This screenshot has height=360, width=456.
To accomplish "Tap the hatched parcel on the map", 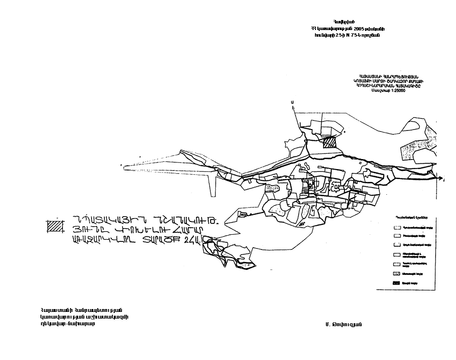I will (x=329, y=143).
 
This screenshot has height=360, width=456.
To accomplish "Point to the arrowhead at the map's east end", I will (x=442, y=179).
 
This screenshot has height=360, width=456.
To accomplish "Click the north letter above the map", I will (x=292, y=102).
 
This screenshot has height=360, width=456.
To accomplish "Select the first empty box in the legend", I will (x=397, y=227).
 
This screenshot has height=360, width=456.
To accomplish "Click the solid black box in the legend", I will (x=397, y=283).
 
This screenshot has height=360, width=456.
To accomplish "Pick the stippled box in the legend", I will (x=397, y=273).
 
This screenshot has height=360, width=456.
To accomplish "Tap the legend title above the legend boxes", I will (x=408, y=217).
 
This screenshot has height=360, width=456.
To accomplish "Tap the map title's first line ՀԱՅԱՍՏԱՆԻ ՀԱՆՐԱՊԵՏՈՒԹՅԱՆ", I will (x=389, y=76).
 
